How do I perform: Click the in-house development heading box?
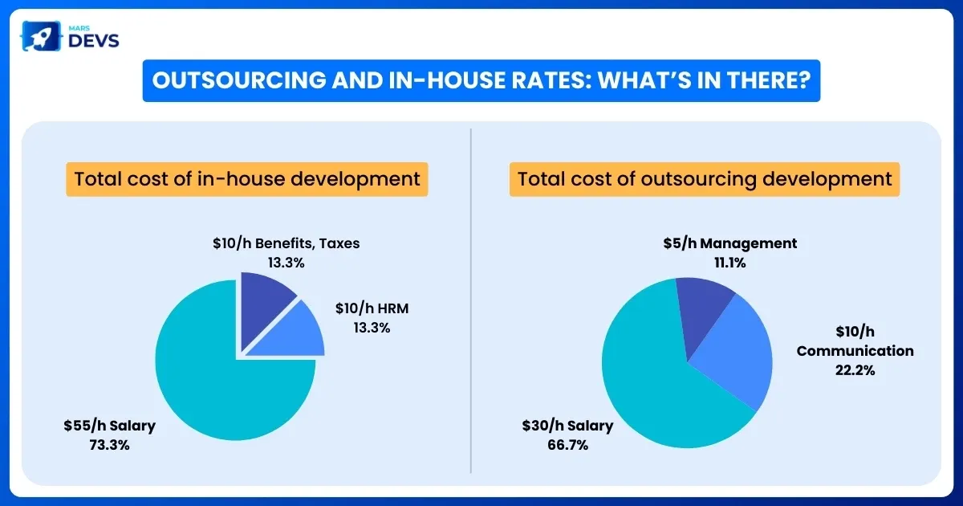(x=247, y=178)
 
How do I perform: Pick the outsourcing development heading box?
(x=705, y=178)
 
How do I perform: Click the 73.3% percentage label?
(x=109, y=443)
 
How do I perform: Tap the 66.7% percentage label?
(x=567, y=443)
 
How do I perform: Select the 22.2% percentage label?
(x=855, y=370)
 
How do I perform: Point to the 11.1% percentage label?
(x=729, y=261)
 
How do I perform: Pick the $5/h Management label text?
(x=729, y=243)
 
